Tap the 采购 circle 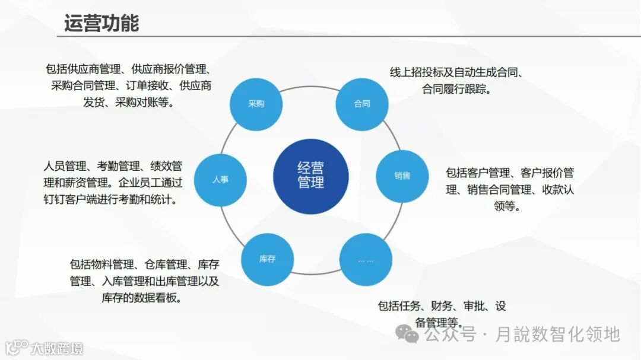(x=256, y=104)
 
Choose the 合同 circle (x=362, y=104)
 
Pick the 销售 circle (x=402, y=176)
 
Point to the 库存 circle (x=267, y=259)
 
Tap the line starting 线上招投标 (x=456, y=73)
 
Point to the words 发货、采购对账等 (x=128, y=102)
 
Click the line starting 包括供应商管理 (x=129, y=69)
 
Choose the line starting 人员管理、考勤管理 (x=113, y=165)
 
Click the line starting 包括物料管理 (x=144, y=264)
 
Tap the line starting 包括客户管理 (x=510, y=173)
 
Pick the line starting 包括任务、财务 (x=442, y=306)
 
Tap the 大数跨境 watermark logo (x=44, y=347)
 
